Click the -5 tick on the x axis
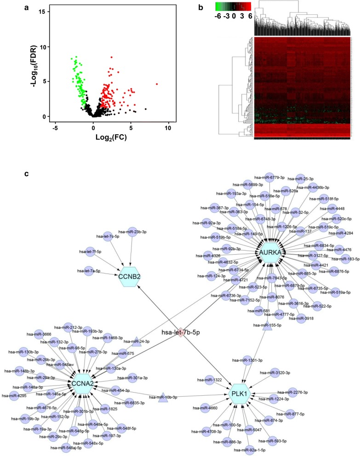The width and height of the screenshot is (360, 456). tap(56, 126)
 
